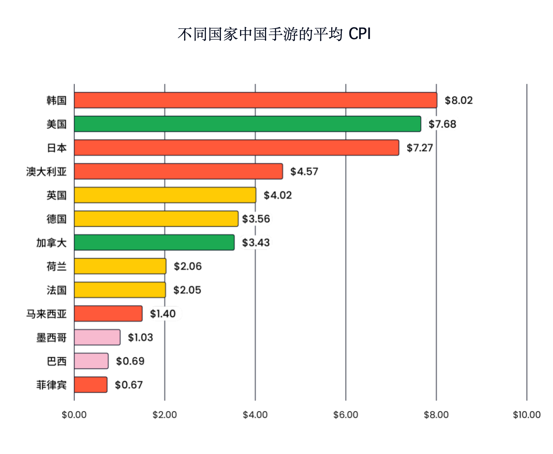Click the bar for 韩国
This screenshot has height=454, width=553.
click(x=255, y=100)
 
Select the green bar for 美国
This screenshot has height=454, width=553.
click(x=247, y=124)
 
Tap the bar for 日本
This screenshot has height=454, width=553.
click(x=236, y=148)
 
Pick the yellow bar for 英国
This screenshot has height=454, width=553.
click(x=165, y=195)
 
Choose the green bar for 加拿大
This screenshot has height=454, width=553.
click(x=154, y=242)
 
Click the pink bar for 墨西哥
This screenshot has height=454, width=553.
click(x=97, y=337)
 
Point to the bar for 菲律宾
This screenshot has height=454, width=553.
click(x=91, y=385)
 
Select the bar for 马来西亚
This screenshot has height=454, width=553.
click(x=108, y=314)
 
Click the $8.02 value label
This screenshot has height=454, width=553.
click(x=458, y=100)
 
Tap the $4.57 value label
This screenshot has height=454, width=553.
click(x=304, y=171)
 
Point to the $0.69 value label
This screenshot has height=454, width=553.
click(x=130, y=361)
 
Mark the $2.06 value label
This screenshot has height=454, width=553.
click(x=187, y=266)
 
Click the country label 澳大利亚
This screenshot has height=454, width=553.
click(x=46, y=171)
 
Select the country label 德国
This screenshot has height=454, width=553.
click(x=56, y=219)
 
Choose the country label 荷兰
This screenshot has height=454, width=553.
click(x=56, y=266)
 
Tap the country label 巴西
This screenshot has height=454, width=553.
click(x=56, y=361)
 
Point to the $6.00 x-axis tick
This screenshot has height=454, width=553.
click(x=346, y=415)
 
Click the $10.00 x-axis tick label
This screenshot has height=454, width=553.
click(x=526, y=415)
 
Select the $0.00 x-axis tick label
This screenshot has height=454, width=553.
click(x=74, y=415)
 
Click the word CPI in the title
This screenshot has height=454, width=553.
click(x=359, y=34)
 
